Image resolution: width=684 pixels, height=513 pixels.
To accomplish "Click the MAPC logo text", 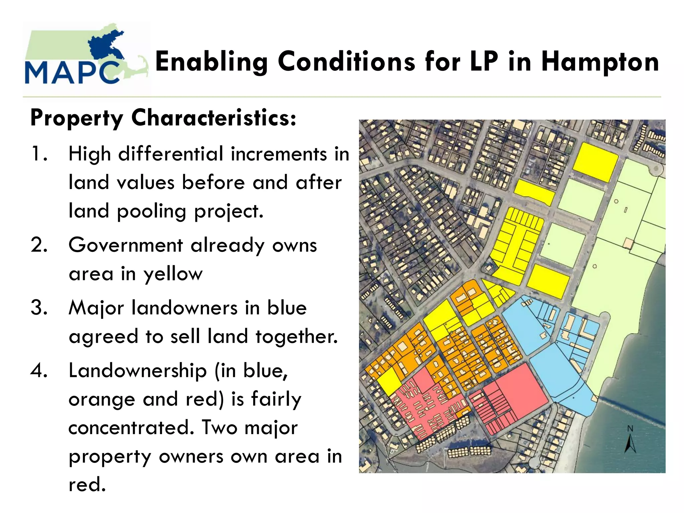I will tap(72, 72).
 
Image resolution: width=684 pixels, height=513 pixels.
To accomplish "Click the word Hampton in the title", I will tap(600, 62).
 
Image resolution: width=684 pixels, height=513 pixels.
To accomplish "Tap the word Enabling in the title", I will tap(211, 62).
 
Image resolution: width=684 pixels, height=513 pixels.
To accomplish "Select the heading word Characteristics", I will tap(213, 118).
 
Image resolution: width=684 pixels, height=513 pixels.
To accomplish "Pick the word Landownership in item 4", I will tap(138, 371).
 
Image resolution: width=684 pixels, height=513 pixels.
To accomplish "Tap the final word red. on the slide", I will tap(87, 485).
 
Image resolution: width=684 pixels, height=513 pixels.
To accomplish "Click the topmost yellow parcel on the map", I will tap(595, 162).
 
